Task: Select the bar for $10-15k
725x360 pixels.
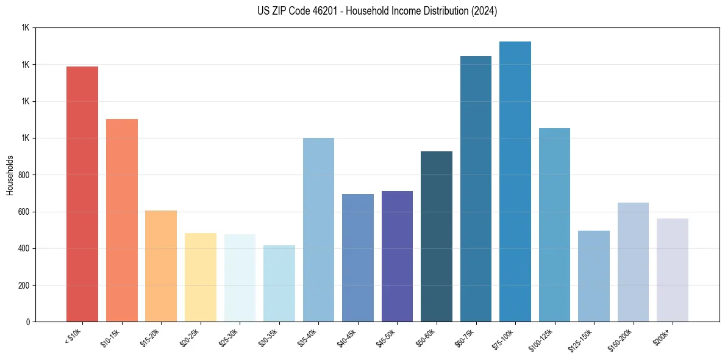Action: click(x=122, y=220)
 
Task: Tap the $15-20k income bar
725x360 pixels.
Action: click(x=161, y=266)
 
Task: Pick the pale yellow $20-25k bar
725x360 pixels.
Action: click(x=201, y=278)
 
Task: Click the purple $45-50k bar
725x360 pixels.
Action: click(x=397, y=256)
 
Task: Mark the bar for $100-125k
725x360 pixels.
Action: click(x=554, y=225)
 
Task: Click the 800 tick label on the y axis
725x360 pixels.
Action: click(x=24, y=175)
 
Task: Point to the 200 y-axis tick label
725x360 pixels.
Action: click(x=24, y=286)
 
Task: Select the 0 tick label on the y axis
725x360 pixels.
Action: click(x=28, y=322)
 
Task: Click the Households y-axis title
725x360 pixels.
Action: click(x=10, y=175)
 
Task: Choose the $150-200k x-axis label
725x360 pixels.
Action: click(x=623, y=339)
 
